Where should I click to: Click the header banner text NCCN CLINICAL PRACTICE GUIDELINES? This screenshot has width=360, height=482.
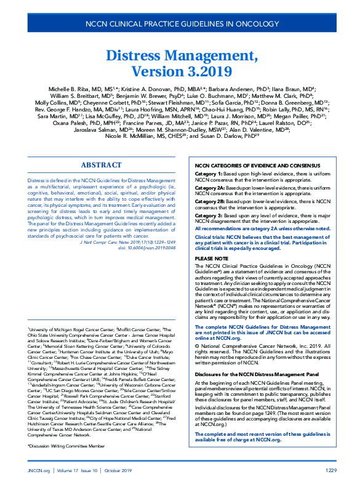tap(180, 25)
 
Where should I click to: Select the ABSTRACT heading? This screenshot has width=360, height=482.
tap(101, 166)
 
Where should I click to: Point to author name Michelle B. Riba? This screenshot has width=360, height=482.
tap(74, 89)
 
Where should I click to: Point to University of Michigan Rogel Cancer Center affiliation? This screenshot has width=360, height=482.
tap(68, 329)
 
